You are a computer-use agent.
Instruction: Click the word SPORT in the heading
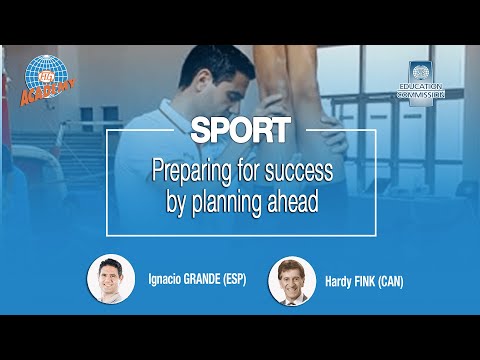coord(239,130)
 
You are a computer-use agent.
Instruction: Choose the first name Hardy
coord(339,282)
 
